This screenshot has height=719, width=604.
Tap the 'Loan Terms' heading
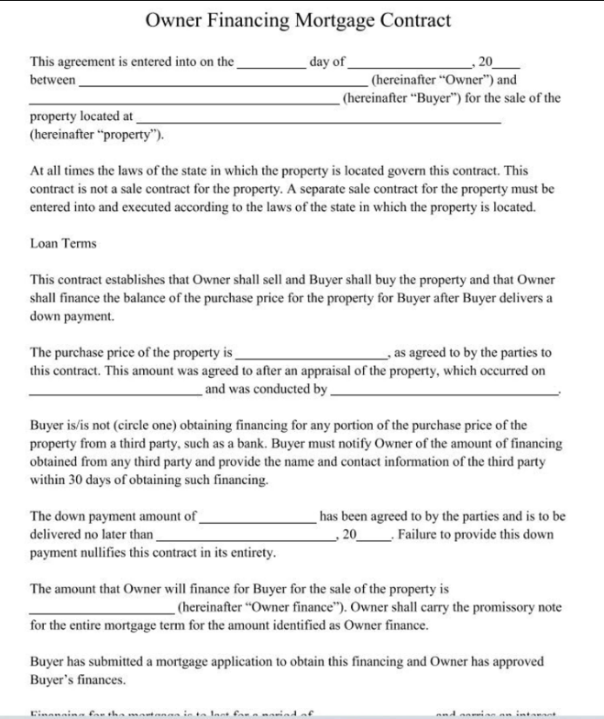coord(63,243)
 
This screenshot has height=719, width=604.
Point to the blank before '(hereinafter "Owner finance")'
coord(101,609)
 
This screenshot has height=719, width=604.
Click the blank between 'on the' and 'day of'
coord(271,64)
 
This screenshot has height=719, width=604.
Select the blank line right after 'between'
coord(211,82)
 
